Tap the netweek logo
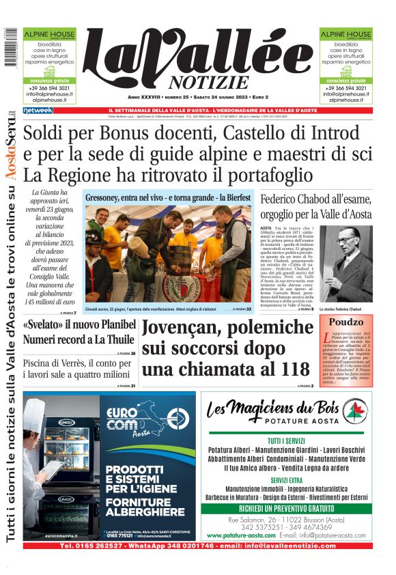[x=38, y=110]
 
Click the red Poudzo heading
[x=345, y=322]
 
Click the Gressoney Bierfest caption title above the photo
[x=167, y=197]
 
